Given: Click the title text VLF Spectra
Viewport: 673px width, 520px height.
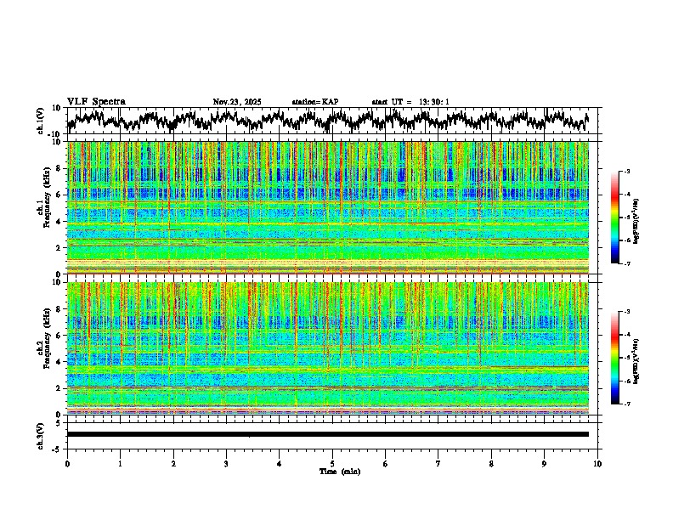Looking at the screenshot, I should (x=96, y=101).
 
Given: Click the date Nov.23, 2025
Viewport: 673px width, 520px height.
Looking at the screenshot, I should (x=237, y=102).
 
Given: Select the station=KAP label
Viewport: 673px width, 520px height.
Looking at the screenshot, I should (x=314, y=102).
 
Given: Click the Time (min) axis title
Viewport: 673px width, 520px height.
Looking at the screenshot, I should (x=339, y=472).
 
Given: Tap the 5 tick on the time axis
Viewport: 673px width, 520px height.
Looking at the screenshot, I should (x=332, y=464).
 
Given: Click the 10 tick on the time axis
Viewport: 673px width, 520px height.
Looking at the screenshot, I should (x=597, y=464).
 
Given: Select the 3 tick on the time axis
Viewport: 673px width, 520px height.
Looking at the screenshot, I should (x=226, y=464).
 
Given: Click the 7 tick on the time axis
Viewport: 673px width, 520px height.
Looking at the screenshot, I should (x=438, y=464).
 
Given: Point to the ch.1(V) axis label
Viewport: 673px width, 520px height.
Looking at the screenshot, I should (x=40, y=122).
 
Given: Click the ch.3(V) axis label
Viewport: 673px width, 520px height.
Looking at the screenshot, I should (x=40, y=433).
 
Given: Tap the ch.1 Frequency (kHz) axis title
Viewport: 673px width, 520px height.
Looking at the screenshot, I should (x=46, y=207).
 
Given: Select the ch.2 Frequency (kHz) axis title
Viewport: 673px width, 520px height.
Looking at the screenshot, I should (x=46, y=348).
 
